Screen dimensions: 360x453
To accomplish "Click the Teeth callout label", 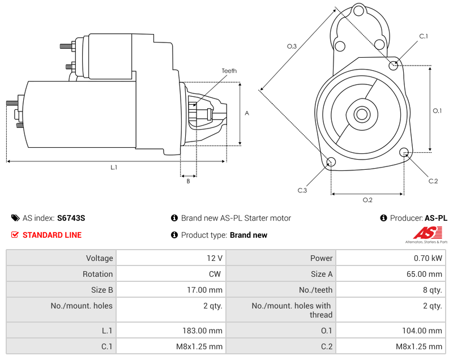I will click(229, 71).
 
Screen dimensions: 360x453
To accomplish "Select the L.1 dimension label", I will click(114, 167).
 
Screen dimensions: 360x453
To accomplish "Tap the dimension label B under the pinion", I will click(188, 181).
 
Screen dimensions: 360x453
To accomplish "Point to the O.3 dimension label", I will click(292, 46).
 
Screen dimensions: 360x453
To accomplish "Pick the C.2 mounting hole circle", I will click(404, 152).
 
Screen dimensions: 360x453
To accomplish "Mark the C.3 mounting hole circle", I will click(331, 163).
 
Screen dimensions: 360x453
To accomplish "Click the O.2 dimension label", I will click(367, 200).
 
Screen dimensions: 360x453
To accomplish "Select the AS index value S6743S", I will click(71, 218).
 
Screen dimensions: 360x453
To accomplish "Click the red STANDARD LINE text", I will click(52, 235).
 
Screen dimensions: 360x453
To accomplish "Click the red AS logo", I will click(426, 233).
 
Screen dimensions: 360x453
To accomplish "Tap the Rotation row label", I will click(97, 274).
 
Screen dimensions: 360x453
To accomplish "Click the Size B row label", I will click(101, 290).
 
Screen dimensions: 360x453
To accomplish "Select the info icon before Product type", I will click(174, 235).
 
